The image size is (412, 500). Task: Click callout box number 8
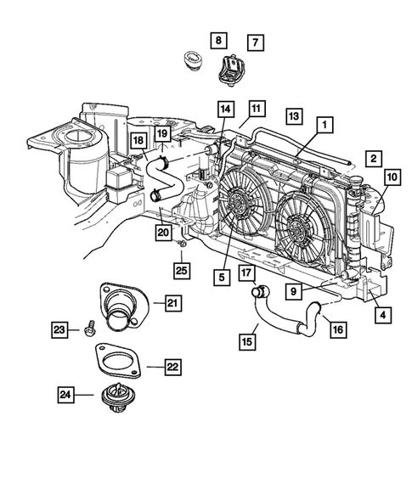217,40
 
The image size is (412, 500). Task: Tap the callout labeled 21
172,303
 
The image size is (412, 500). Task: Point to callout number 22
172,367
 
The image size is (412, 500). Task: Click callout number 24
66,394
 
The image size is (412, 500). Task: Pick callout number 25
181,270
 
